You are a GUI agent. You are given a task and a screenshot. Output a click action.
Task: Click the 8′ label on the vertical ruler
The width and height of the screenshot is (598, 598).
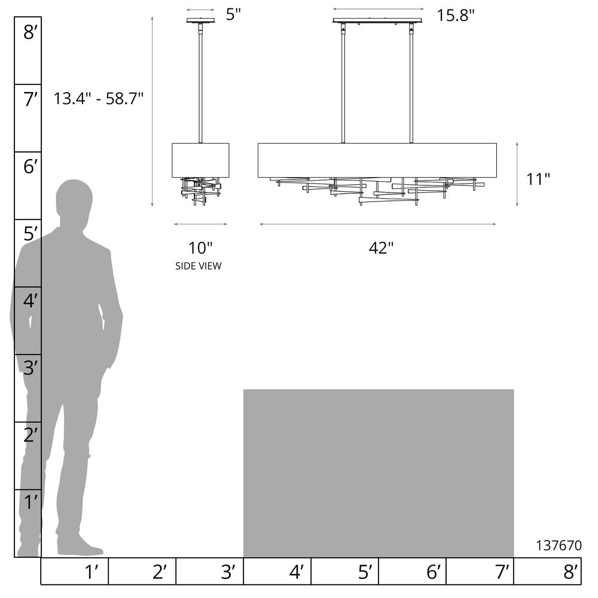(x=30, y=32)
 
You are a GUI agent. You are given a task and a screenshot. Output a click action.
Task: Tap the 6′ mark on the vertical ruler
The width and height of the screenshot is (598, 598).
(x=30, y=167)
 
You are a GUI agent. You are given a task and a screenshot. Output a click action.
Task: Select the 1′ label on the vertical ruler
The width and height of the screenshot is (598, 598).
(x=31, y=502)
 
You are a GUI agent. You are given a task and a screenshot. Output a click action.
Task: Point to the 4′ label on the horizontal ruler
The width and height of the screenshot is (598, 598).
(x=297, y=572)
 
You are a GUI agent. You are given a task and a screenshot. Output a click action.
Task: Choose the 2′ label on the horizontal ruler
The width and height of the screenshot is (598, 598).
(x=160, y=572)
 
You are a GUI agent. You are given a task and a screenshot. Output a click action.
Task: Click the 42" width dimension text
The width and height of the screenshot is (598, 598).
(x=381, y=248)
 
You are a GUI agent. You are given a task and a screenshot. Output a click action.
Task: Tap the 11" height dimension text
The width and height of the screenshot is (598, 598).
(x=538, y=179)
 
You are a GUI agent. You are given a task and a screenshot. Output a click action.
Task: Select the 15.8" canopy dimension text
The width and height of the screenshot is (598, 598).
(x=455, y=16)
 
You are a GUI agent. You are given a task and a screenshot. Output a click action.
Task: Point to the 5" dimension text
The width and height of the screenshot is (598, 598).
(x=233, y=14)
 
